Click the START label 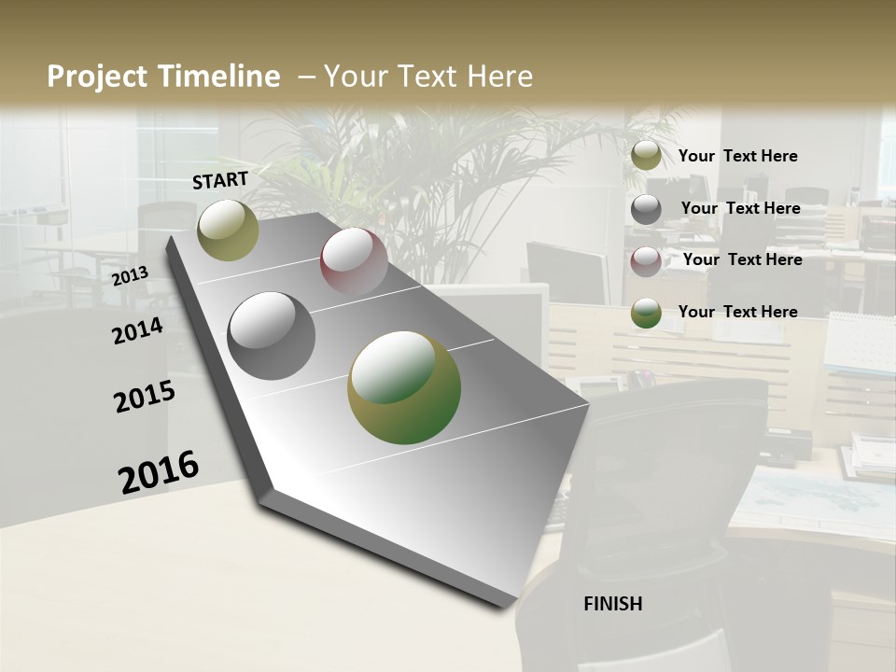pyautogui.click(x=220, y=180)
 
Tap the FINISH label pyautogui.click(x=612, y=604)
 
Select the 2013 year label pyautogui.click(x=130, y=276)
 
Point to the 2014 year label pyautogui.click(x=137, y=330)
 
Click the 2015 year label pyautogui.click(x=145, y=397)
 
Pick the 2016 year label pyautogui.click(x=159, y=472)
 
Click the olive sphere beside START pyautogui.click(x=228, y=230)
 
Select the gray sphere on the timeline pyautogui.click(x=272, y=336)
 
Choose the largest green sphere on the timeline pyautogui.click(x=404, y=387)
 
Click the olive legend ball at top pyautogui.click(x=646, y=156)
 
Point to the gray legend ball pyautogui.click(x=646, y=209)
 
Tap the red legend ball pyautogui.click(x=646, y=260)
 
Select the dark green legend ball pyautogui.click(x=646, y=313)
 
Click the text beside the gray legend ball pyautogui.click(x=740, y=208)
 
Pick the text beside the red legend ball pyautogui.click(x=742, y=259)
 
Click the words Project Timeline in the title pyautogui.click(x=163, y=77)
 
